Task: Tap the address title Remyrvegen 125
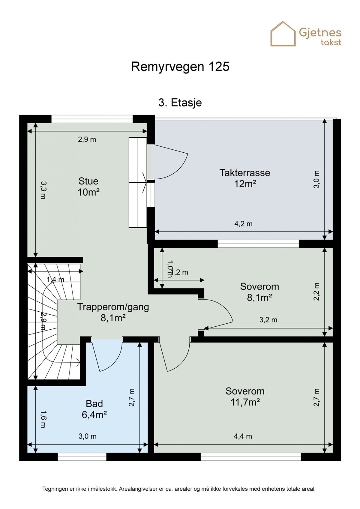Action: coord(180,67)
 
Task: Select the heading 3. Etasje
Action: coord(180,103)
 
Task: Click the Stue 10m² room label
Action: coord(88,187)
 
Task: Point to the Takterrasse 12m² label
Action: coord(245,178)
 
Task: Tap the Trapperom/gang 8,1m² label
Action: coord(113,312)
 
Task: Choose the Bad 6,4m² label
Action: coord(94,409)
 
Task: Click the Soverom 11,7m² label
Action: coord(245,397)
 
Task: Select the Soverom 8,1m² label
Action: coord(259,292)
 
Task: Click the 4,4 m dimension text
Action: coord(243,436)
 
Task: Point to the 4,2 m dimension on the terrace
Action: coord(243,224)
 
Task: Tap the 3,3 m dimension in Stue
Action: coord(43,190)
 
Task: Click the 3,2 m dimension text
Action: coord(268,320)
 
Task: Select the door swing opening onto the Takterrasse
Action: coord(168,163)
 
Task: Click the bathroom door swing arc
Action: coord(107,357)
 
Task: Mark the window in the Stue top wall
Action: coord(92,118)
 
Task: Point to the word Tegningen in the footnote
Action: coord(55,489)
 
